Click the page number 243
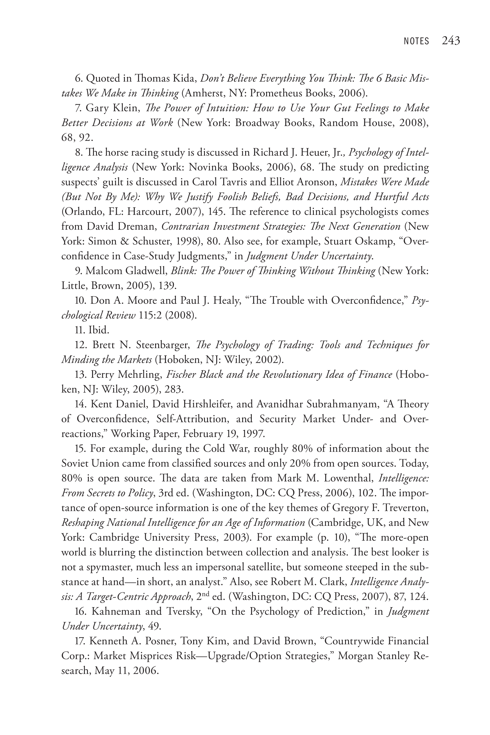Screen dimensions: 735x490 coord(451,41)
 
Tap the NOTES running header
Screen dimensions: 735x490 coord(416,41)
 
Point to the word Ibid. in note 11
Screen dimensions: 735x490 coord(99,330)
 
